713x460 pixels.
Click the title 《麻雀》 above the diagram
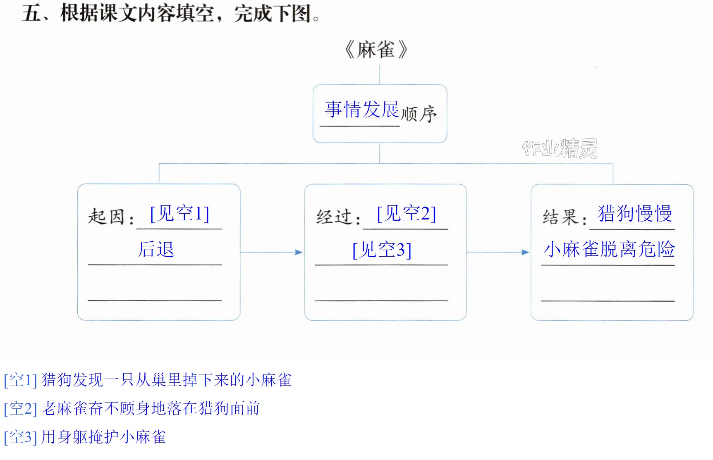[x=376, y=50]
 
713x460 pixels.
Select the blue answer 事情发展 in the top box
[x=362, y=110]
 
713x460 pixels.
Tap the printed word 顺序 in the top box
[x=419, y=114]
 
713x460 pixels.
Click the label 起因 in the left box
[x=106, y=216]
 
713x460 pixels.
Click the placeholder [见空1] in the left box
[x=179, y=214]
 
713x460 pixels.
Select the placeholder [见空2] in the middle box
[x=407, y=214]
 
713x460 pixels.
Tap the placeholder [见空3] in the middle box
[x=382, y=250]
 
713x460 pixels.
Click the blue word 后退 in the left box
[x=156, y=249]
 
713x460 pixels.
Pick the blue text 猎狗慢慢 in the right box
[x=635, y=214]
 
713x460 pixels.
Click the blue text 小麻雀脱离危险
[x=609, y=249]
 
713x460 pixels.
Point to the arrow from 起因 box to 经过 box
[x=271, y=252]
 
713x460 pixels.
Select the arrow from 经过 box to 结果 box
[x=498, y=252]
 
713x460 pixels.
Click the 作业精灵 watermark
[x=560, y=148]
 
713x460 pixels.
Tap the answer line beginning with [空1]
[x=148, y=380]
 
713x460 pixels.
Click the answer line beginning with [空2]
[x=132, y=408]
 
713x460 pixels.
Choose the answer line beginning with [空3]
[x=85, y=437]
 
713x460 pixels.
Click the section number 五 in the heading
[x=31, y=13]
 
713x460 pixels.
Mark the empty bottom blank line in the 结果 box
[x=608, y=301]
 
